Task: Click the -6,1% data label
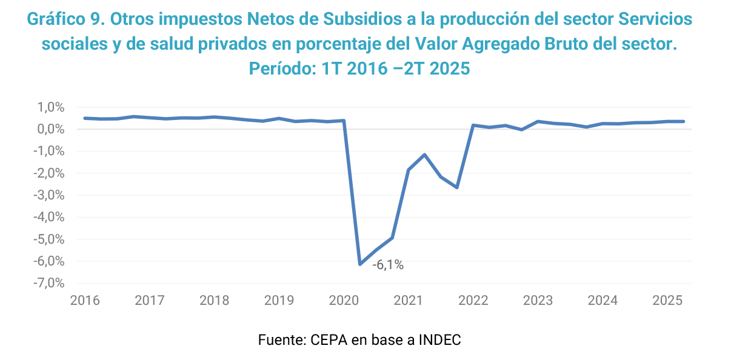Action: coord(387,265)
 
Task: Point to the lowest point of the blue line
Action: coord(360,264)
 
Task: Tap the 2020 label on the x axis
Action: coord(343,300)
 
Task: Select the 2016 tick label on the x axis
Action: coord(84,300)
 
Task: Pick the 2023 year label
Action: coord(538,300)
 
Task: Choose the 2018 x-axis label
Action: coord(214,300)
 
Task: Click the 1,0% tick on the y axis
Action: coord(51,107)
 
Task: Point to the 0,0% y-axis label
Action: coord(51,129)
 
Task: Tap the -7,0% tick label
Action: coord(50,283)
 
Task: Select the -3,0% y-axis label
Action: coord(50,195)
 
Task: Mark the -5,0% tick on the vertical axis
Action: coord(50,239)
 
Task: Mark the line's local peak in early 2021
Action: coord(425,155)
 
